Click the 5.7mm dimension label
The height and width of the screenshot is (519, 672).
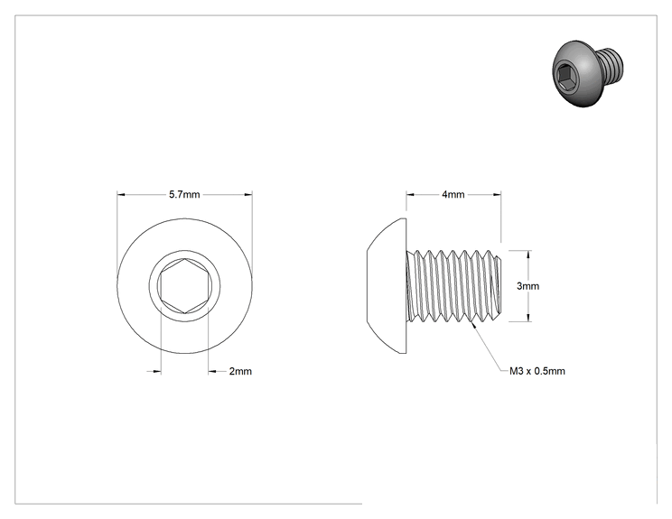[x=184, y=195]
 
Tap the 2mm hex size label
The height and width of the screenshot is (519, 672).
[x=240, y=371]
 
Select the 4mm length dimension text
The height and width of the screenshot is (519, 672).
[x=453, y=195]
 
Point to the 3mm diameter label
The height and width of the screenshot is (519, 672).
[x=527, y=286]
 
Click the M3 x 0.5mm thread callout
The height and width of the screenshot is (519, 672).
[x=537, y=371]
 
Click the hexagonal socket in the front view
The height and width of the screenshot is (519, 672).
[x=185, y=286]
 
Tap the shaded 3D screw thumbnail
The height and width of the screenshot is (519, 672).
[x=587, y=73]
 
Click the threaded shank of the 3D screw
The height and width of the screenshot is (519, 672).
[x=611, y=65]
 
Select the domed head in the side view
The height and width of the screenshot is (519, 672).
[x=387, y=286]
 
